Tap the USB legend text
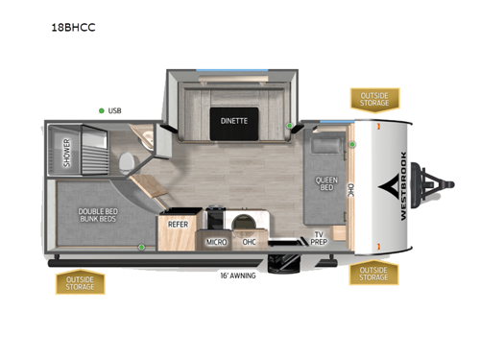tap(115, 111)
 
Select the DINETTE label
tap(233, 121)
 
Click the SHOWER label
tap(67, 154)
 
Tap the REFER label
tap(178, 225)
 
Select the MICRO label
tap(217, 242)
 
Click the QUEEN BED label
tap(324, 183)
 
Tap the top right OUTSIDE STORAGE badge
tap(375, 98)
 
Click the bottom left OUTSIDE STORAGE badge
tap(80, 282)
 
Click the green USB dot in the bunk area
tap(142, 248)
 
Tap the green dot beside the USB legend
tap(101, 111)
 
